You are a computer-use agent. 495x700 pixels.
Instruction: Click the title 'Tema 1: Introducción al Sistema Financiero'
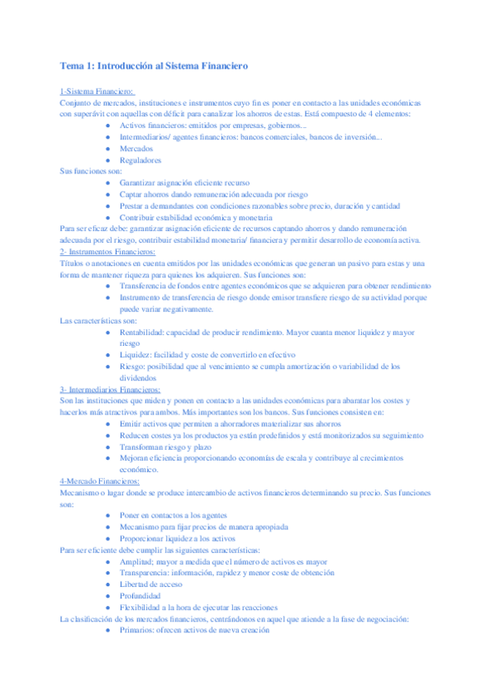(154, 64)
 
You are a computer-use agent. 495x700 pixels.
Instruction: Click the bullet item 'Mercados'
(136, 149)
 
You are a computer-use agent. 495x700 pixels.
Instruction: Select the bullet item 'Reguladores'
(140, 160)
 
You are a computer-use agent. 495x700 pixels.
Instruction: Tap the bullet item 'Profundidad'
(140, 594)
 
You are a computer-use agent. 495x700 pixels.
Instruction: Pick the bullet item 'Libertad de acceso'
(153, 583)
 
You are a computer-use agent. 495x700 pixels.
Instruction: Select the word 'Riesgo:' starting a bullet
(134, 366)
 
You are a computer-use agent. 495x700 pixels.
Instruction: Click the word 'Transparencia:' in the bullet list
(148, 571)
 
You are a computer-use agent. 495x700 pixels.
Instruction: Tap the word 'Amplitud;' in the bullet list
(139, 560)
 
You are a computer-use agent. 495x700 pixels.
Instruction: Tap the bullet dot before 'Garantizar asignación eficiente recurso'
(108, 182)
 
